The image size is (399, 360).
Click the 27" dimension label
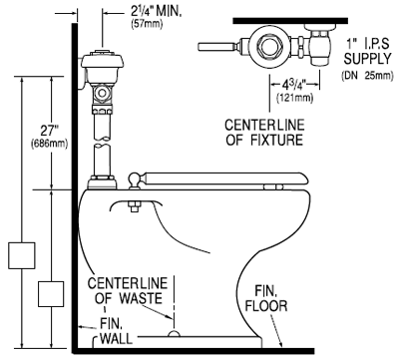coord(49,131)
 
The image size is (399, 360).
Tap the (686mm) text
coord(49,144)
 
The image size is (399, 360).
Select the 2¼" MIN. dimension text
coord(156,11)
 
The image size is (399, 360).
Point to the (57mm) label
coord(147,24)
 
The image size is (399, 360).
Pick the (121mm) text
coord(294,98)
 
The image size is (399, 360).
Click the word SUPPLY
coord(368,59)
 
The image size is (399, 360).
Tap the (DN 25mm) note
coord(367,76)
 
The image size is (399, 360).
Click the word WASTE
coord(141,298)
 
